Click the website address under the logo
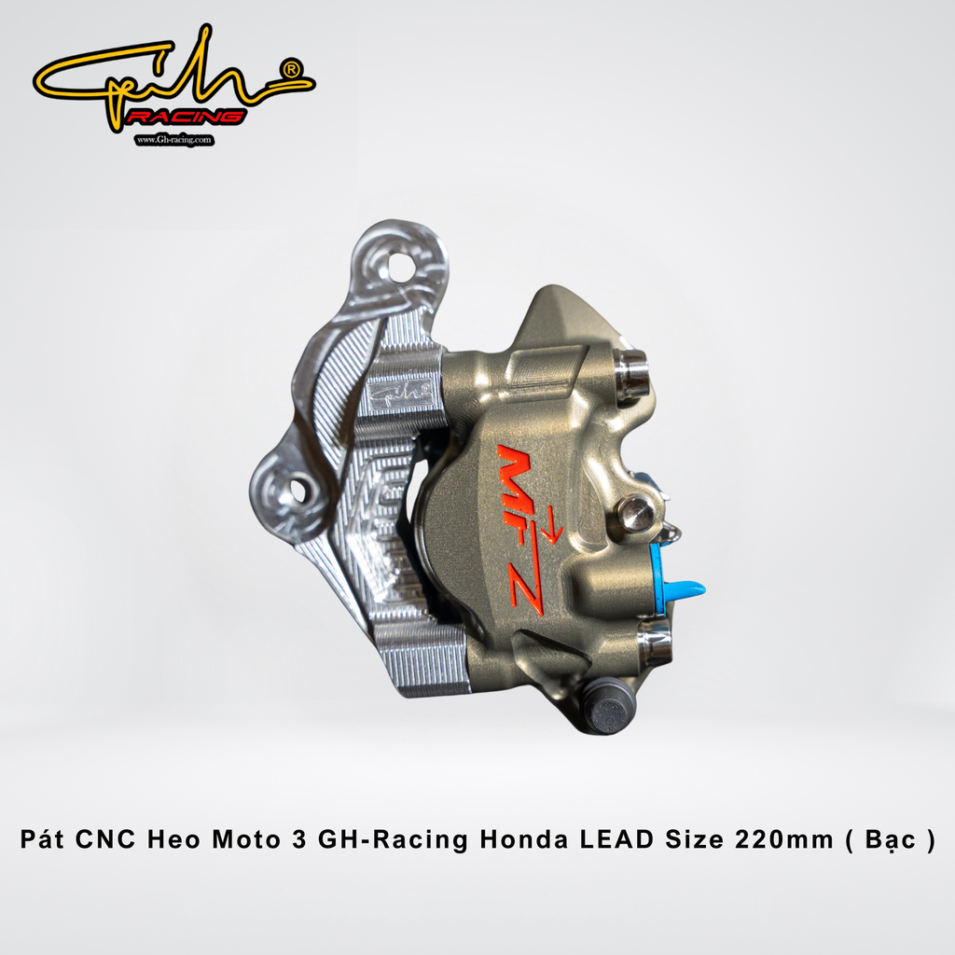pos(174,140)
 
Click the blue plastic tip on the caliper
pos(685,589)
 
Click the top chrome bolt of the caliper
pos(632,373)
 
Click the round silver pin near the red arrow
pos(637,512)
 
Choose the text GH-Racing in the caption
pos(393,839)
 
